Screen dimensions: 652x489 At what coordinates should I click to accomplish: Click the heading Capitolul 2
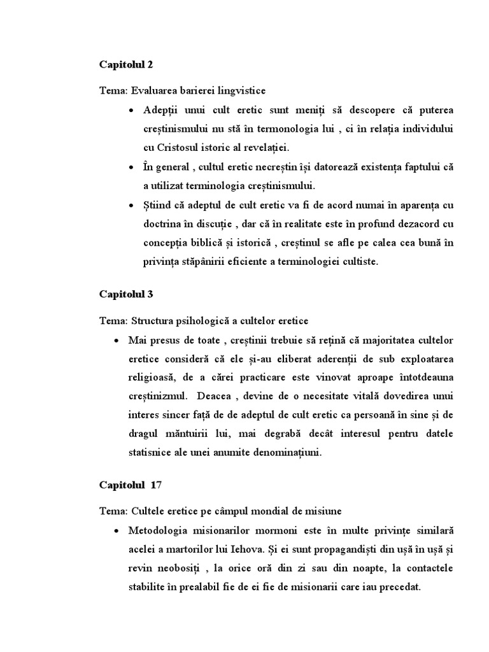point(126,65)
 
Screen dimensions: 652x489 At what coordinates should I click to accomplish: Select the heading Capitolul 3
point(126,294)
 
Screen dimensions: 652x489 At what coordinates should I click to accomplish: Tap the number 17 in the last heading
point(156,485)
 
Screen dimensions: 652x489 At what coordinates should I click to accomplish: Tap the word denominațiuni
point(283,453)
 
